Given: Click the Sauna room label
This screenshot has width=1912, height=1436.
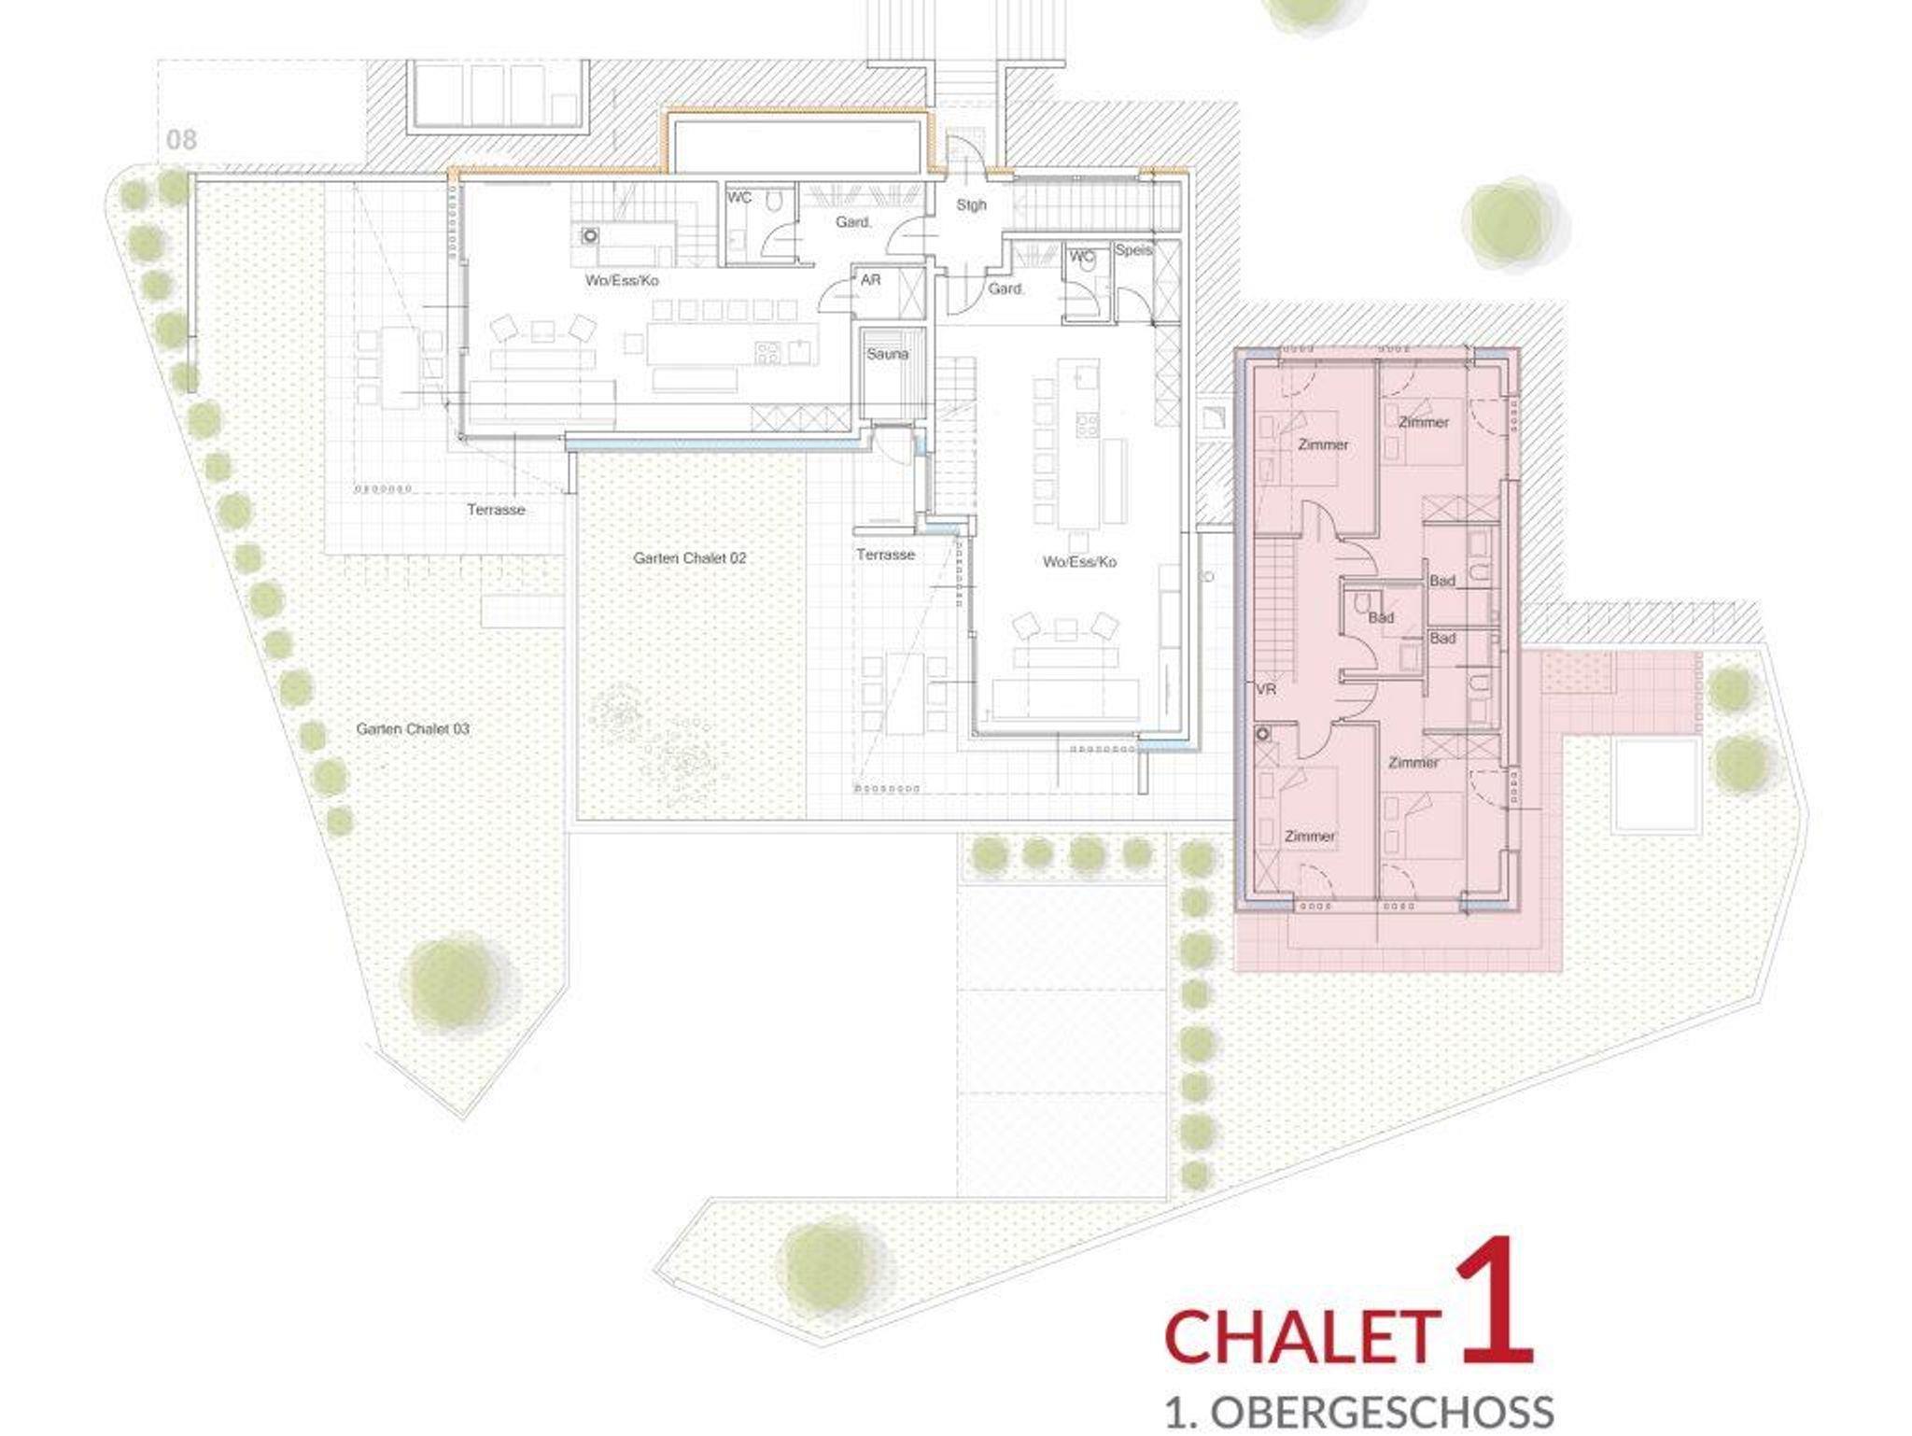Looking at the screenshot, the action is pyautogui.click(x=887, y=354).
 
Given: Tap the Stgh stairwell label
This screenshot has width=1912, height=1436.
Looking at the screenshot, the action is pyautogui.click(x=971, y=204).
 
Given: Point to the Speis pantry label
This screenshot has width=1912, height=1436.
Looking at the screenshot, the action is pyautogui.click(x=1133, y=250).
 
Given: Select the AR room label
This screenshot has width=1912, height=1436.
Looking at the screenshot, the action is pyautogui.click(x=870, y=279).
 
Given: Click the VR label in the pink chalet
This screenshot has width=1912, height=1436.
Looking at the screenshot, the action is pyautogui.click(x=1266, y=690).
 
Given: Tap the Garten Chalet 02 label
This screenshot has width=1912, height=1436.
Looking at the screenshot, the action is pyautogui.click(x=689, y=558).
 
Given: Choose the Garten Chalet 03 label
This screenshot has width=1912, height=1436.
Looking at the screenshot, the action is pyautogui.click(x=412, y=728).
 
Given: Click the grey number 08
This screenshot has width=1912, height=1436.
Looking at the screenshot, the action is pyautogui.click(x=181, y=140).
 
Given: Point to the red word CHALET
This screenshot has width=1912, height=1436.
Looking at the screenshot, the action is pyautogui.click(x=1301, y=1338).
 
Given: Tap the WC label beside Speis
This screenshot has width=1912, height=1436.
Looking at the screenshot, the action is pyautogui.click(x=1082, y=256).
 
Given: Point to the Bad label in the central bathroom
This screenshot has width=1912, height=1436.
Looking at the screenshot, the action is pyautogui.click(x=1381, y=617).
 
